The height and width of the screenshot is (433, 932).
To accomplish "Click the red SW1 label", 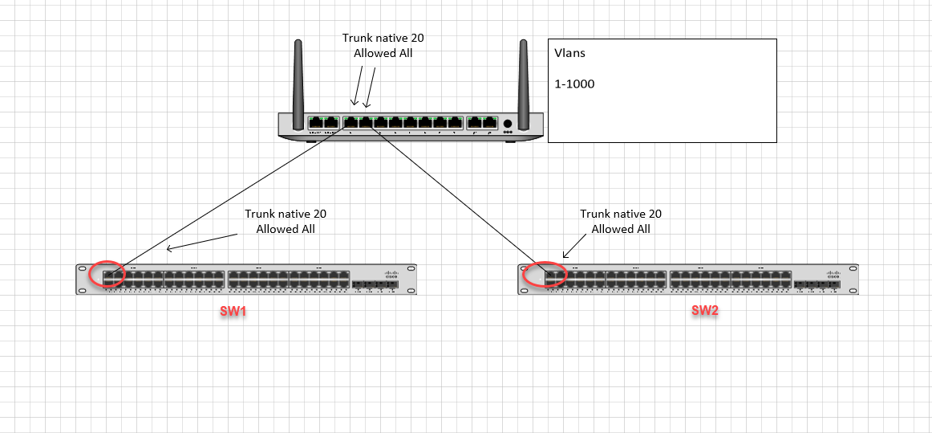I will pyautogui.click(x=233, y=312).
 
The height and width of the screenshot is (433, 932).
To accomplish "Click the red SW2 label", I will pyautogui.click(x=705, y=311).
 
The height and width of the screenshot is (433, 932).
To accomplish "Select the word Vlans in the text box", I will pyautogui.click(x=569, y=53).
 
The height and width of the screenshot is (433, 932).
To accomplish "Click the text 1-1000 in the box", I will pyautogui.click(x=574, y=84).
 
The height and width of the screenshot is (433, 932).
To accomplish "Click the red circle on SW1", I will pyautogui.click(x=107, y=274).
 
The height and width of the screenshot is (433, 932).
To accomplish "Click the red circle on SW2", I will pyautogui.click(x=545, y=274).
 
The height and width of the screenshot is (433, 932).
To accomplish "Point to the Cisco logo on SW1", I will pyautogui.click(x=390, y=273).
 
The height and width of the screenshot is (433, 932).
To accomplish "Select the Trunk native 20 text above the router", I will pyautogui.click(x=383, y=38).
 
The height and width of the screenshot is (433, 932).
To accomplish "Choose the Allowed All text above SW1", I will pyautogui.click(x=286, y=229).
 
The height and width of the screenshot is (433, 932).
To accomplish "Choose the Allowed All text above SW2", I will pyautogui.click(x=621, y=229).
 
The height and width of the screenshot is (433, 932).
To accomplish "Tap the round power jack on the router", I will pyautogui.click(x=507, y=124).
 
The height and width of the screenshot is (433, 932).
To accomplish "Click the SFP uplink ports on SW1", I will pyautogui.click(x=373, y=284).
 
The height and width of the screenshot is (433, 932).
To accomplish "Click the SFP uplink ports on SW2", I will pyautogui.click(x=814, y=284).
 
